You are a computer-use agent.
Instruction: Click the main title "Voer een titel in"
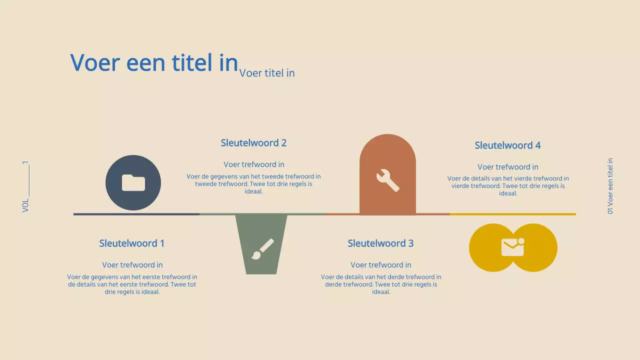tap(154, 63)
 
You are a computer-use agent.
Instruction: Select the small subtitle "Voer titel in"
tap(267, 73)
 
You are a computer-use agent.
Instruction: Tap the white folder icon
tap(133, 182)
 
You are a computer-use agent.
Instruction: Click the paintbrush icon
tap(262, 249)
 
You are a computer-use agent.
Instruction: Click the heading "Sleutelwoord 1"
tap(131, 243)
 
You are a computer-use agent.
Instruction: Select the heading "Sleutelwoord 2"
tap(253, 143)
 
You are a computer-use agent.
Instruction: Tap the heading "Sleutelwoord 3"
tap(380, 243)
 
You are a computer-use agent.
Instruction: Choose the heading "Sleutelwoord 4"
tap(507, 145)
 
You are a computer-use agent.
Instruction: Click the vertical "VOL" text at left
tap(25, 205)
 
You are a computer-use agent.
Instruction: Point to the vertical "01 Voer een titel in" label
tap(610, 186)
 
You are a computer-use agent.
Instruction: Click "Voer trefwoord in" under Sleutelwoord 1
tap(132, 265)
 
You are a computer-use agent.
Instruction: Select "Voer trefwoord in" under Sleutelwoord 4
tap(507, 167)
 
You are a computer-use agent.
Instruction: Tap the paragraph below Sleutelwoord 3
tap(381, 284)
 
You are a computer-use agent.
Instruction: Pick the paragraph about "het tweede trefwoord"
tap(253, 183)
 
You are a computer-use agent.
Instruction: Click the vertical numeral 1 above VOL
tap(25, 163)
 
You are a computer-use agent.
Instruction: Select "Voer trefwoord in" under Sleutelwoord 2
tap(253, 164)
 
